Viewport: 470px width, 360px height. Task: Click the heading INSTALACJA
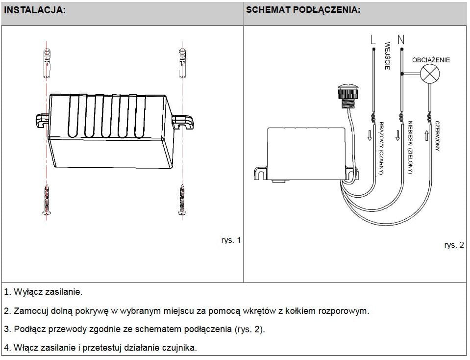click(x=34, y=10)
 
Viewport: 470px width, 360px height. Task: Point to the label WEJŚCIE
click(x=387, y=55)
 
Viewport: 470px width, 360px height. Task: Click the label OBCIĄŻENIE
click(x=431, y=60)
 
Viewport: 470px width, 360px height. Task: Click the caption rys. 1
click(x=231, y=240)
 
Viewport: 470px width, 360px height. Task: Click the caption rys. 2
click(x=454, y=245)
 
